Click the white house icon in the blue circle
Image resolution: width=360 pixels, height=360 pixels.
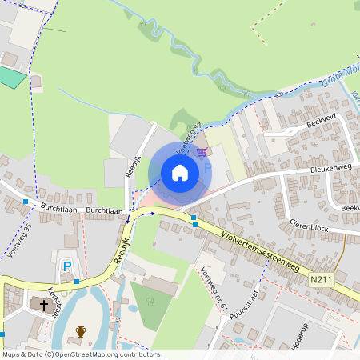179,172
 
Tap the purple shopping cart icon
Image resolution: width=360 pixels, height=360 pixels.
202,151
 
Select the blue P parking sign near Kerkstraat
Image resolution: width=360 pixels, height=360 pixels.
67,266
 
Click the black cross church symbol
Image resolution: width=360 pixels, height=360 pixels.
42,305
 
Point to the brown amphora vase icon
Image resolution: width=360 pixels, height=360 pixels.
80,331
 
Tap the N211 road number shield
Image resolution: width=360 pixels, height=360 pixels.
322,279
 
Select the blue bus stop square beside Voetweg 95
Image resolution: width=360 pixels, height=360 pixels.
26,202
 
